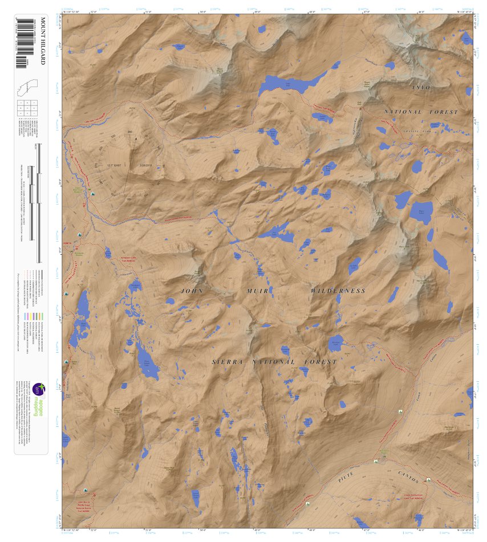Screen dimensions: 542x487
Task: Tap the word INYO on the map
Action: (x=421, y=87)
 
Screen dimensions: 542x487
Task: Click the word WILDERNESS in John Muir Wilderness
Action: (x=338, y=291)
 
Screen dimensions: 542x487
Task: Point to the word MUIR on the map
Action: (x=257, y=291)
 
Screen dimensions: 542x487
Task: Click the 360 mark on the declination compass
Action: (x=129, y=132)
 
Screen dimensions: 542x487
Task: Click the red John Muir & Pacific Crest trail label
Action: (x=83, y=504)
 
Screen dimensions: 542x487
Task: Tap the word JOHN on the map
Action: (x=192, y=291)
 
